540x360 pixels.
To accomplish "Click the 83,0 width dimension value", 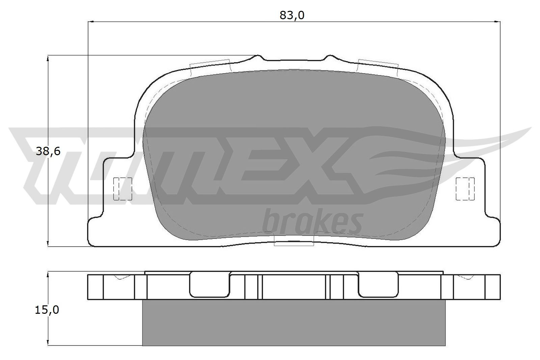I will point(292,15).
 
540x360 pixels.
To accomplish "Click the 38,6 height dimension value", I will point(48,151).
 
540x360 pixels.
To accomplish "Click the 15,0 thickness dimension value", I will point(47,310).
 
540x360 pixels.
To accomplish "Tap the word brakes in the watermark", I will point(313,222).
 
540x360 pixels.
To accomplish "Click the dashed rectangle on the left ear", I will point(123,189).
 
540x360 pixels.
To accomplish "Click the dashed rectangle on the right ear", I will point(465,189).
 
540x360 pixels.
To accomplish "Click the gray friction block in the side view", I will point(294,322).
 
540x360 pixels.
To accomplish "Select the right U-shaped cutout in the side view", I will point(378,285).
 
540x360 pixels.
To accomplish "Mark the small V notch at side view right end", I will point(467,278).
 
